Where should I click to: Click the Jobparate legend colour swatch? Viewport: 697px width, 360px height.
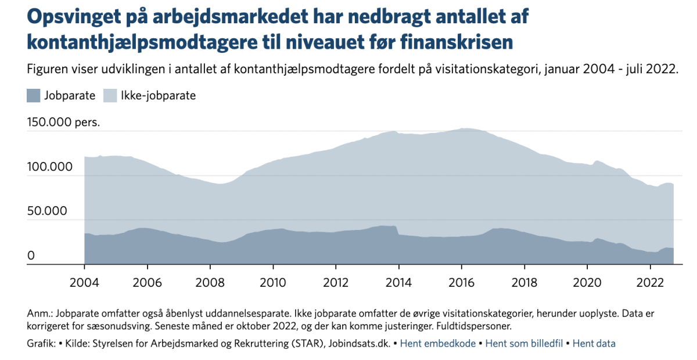pyautogui.click(x=33, y=96)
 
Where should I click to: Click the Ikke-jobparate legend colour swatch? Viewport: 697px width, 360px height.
pyautogui.click(x=110, y=96)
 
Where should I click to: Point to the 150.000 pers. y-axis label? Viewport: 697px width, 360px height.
pyautogui.click(x=63, y=122)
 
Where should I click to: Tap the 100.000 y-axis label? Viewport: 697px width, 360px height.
pyautogui.click(x=50, y=167)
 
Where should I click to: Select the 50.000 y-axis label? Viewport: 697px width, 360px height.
pyautogui.click(x=47, y=211)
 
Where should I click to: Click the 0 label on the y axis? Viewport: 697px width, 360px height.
pyautogui.click(x=31, y=255)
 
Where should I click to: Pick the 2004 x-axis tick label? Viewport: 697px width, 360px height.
pyautogui.click(x=84, y=283)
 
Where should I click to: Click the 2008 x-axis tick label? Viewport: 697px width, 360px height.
pyautogui.click(x=210, y=283)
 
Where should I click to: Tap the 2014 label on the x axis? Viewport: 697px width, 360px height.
pyautogui.click(x=398, y=283)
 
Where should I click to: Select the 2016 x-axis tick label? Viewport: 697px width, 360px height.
pyautogui.click(x=461, y=283)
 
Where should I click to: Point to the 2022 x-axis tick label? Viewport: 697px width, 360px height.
pyautogui.click(x=650, y=283)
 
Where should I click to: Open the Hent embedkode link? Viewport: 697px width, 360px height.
pyautogui.click(x=438, y=344)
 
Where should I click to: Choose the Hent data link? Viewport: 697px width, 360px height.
pyautogui.click(x=594, y=344)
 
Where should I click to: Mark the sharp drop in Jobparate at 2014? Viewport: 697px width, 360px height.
pyautogui.click(x=397, y=231)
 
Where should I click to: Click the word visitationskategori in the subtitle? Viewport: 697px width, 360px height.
pyautogui.click(x=487, y=69)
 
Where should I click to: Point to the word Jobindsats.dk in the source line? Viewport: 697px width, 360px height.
pyautogui.click(x=360, y=344)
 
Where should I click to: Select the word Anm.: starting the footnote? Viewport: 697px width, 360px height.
pyautogui.click(x=40, y=314)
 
